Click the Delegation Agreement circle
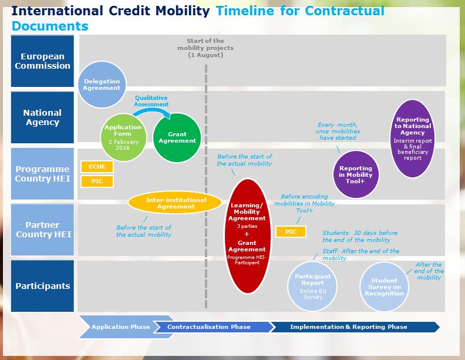tap(102, 85)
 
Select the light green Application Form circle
tap(123, 137)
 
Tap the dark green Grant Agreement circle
tap(177, 137)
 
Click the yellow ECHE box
tap(97, 167)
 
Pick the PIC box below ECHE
tap(97, 181)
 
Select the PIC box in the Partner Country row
tap(291, 231)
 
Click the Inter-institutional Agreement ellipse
tap(175, 203)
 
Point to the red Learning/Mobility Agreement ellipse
tap(247, 236)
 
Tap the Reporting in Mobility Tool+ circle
tap(356, 174)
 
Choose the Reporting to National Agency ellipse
tap(413, 139)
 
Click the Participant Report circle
tap(312, 287)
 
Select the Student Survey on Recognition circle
tap(385, 287)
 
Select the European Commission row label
tap(42, 61)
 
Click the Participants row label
tap(42, 286)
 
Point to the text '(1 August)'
tap(205, 55)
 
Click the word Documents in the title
tap(50, 26)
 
